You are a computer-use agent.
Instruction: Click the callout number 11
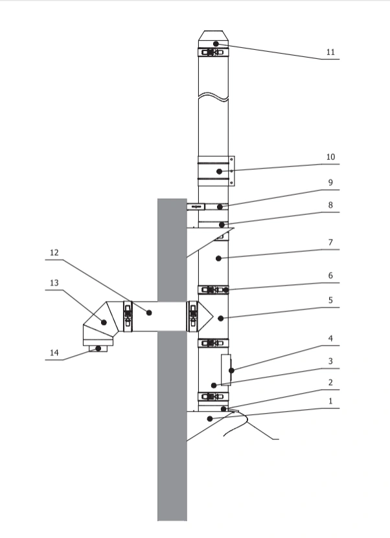pos(330,52)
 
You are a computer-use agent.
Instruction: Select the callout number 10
pos(330,157)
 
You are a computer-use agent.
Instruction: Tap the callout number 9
pos(330,183)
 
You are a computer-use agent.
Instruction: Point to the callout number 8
pos(330,205)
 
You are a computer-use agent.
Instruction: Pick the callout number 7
pos(330,243)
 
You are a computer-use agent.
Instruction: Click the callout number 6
pos(330,276)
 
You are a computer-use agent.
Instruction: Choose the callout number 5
pos(330,300)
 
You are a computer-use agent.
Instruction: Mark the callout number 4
pos(330,339)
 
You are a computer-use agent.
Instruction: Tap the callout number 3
pos(330,361)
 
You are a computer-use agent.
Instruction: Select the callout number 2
pos(330,383)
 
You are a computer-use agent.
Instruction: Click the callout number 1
pos(330,401)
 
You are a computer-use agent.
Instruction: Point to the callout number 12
pos(54,253)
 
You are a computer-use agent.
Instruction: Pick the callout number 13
pos(54,283)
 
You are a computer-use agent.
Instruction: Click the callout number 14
pos(54,353)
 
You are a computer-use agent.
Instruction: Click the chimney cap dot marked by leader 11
pos(216,43)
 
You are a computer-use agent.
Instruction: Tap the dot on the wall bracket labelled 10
pos(220,171)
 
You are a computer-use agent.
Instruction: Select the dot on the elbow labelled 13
pos(104,322)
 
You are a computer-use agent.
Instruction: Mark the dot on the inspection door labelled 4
pos(231,370)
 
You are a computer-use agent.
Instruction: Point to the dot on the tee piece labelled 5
pos(221,319)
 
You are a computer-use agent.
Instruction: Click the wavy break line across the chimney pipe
pos(213,96)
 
